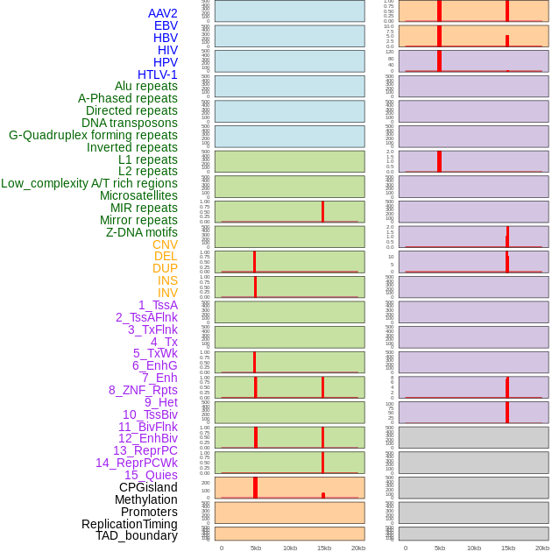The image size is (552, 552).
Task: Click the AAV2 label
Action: (x=163, y=13)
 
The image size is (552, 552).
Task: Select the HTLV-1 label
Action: (x=158, y=74)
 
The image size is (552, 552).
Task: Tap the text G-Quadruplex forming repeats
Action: (x=93, y=135)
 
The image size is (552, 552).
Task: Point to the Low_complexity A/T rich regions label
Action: (x=89, y=183)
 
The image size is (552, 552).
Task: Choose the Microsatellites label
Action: (x=138, y=195)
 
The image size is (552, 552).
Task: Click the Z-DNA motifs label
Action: (x=142, y=232)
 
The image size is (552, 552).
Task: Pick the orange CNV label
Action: (x=165, y=244)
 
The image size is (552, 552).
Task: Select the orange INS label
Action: (x=167, y=280)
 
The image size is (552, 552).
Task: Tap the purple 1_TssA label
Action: (x=158, y=305)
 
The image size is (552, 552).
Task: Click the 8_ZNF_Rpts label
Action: (x=143, y=390)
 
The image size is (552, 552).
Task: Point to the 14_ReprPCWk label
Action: (x=137, y=463)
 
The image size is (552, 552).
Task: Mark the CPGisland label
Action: (x=148, y=487)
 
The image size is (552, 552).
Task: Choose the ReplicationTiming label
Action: (x=130, y=524)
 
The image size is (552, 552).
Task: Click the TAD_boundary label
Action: (x=137, y=535)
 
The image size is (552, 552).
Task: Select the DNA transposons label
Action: (x=130, y=123)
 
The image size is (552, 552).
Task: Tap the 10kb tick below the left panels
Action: (x=290, y=548)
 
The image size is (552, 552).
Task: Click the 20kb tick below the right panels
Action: (x=542, y=548)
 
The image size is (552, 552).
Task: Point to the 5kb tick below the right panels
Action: (x=440, y=548)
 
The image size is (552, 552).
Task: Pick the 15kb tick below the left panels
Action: (x=324, y=548)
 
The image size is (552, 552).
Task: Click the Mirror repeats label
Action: (x=138, y=220)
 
